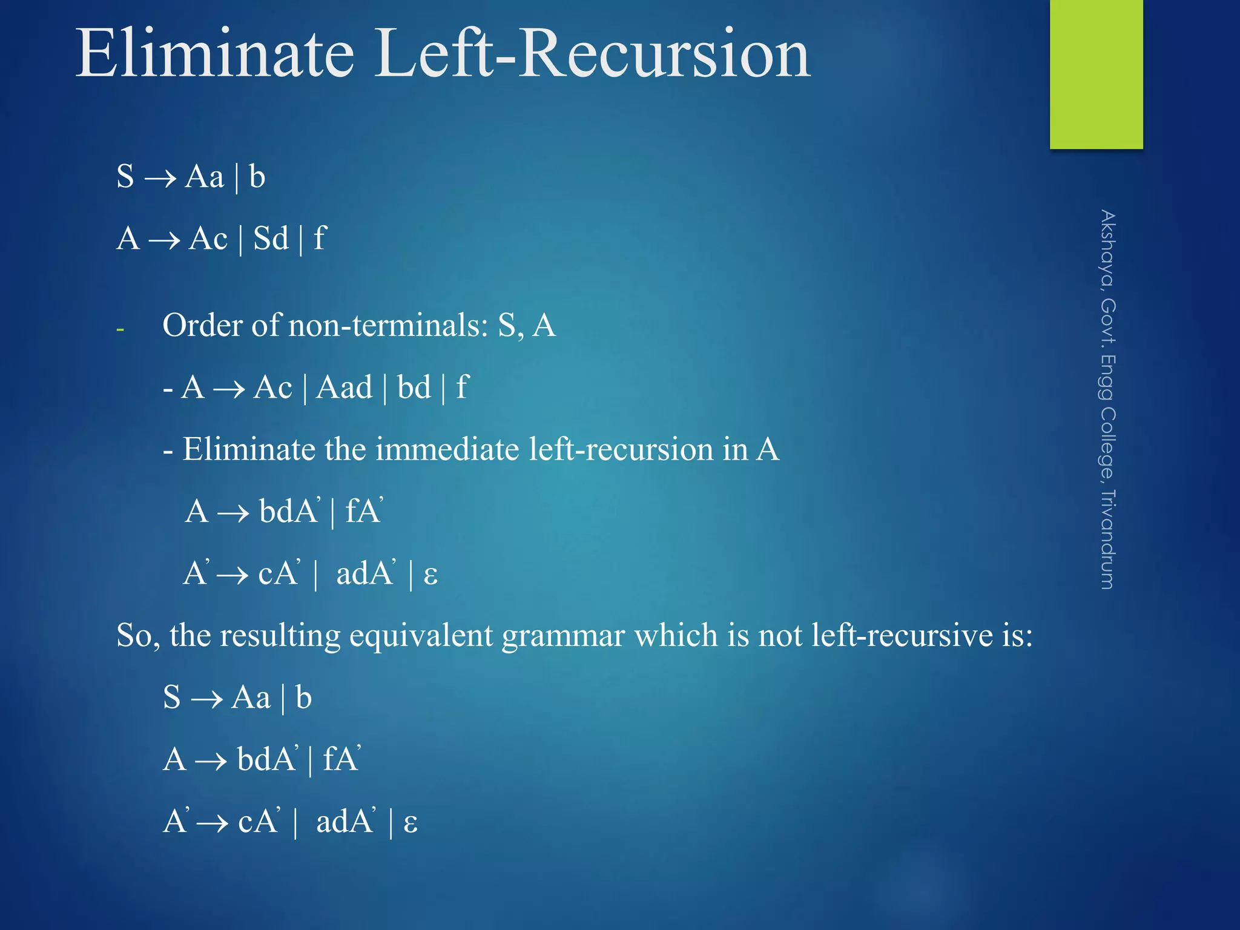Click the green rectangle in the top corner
point(1096,73)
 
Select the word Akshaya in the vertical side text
point(1107,249)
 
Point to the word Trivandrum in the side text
point(1107,539)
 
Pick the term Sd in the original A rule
point(271,239)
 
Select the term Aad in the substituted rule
point(345,387)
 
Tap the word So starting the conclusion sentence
point(137,636)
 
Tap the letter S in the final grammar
point(172,697)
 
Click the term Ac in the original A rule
point(208,239)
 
